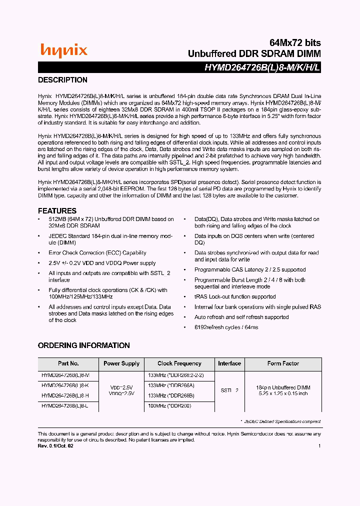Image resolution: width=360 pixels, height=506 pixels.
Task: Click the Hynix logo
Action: coord(64,50)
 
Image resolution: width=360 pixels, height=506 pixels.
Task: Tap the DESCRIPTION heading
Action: coord(63,80)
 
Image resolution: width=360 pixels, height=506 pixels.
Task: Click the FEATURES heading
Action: coord(57,210)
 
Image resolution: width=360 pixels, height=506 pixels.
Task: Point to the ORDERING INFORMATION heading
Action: coord(84,345)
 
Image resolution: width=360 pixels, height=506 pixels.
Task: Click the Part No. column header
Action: coord(68,363)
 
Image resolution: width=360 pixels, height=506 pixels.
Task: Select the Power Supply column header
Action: coord(121,363)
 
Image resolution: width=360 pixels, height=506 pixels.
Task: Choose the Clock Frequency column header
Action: coord(179,363)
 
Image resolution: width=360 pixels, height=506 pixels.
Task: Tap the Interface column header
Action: coord(229,363)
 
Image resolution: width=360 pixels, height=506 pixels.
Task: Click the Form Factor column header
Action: coord(283,363)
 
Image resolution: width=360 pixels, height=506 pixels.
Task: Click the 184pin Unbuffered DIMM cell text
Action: coord(283,387)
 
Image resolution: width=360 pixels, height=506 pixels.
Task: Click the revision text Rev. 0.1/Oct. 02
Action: coord(55,445)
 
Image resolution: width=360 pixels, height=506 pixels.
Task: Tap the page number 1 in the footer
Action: coord(319,445)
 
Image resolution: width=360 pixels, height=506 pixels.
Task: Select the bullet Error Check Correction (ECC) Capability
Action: coord(97,253)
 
